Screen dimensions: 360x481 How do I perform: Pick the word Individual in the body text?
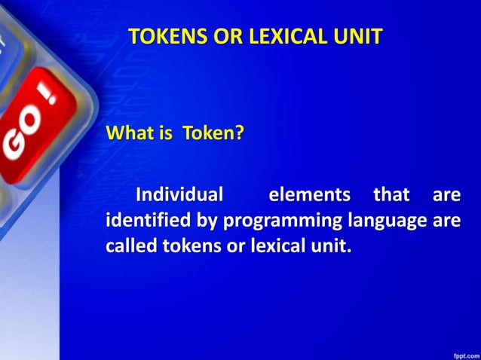(179, 195)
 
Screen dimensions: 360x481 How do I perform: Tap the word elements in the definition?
(309, 195)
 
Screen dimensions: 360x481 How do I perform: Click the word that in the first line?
(391, 195)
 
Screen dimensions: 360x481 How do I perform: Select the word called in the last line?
(128, 246)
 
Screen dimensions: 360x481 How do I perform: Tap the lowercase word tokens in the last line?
(186, 246)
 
